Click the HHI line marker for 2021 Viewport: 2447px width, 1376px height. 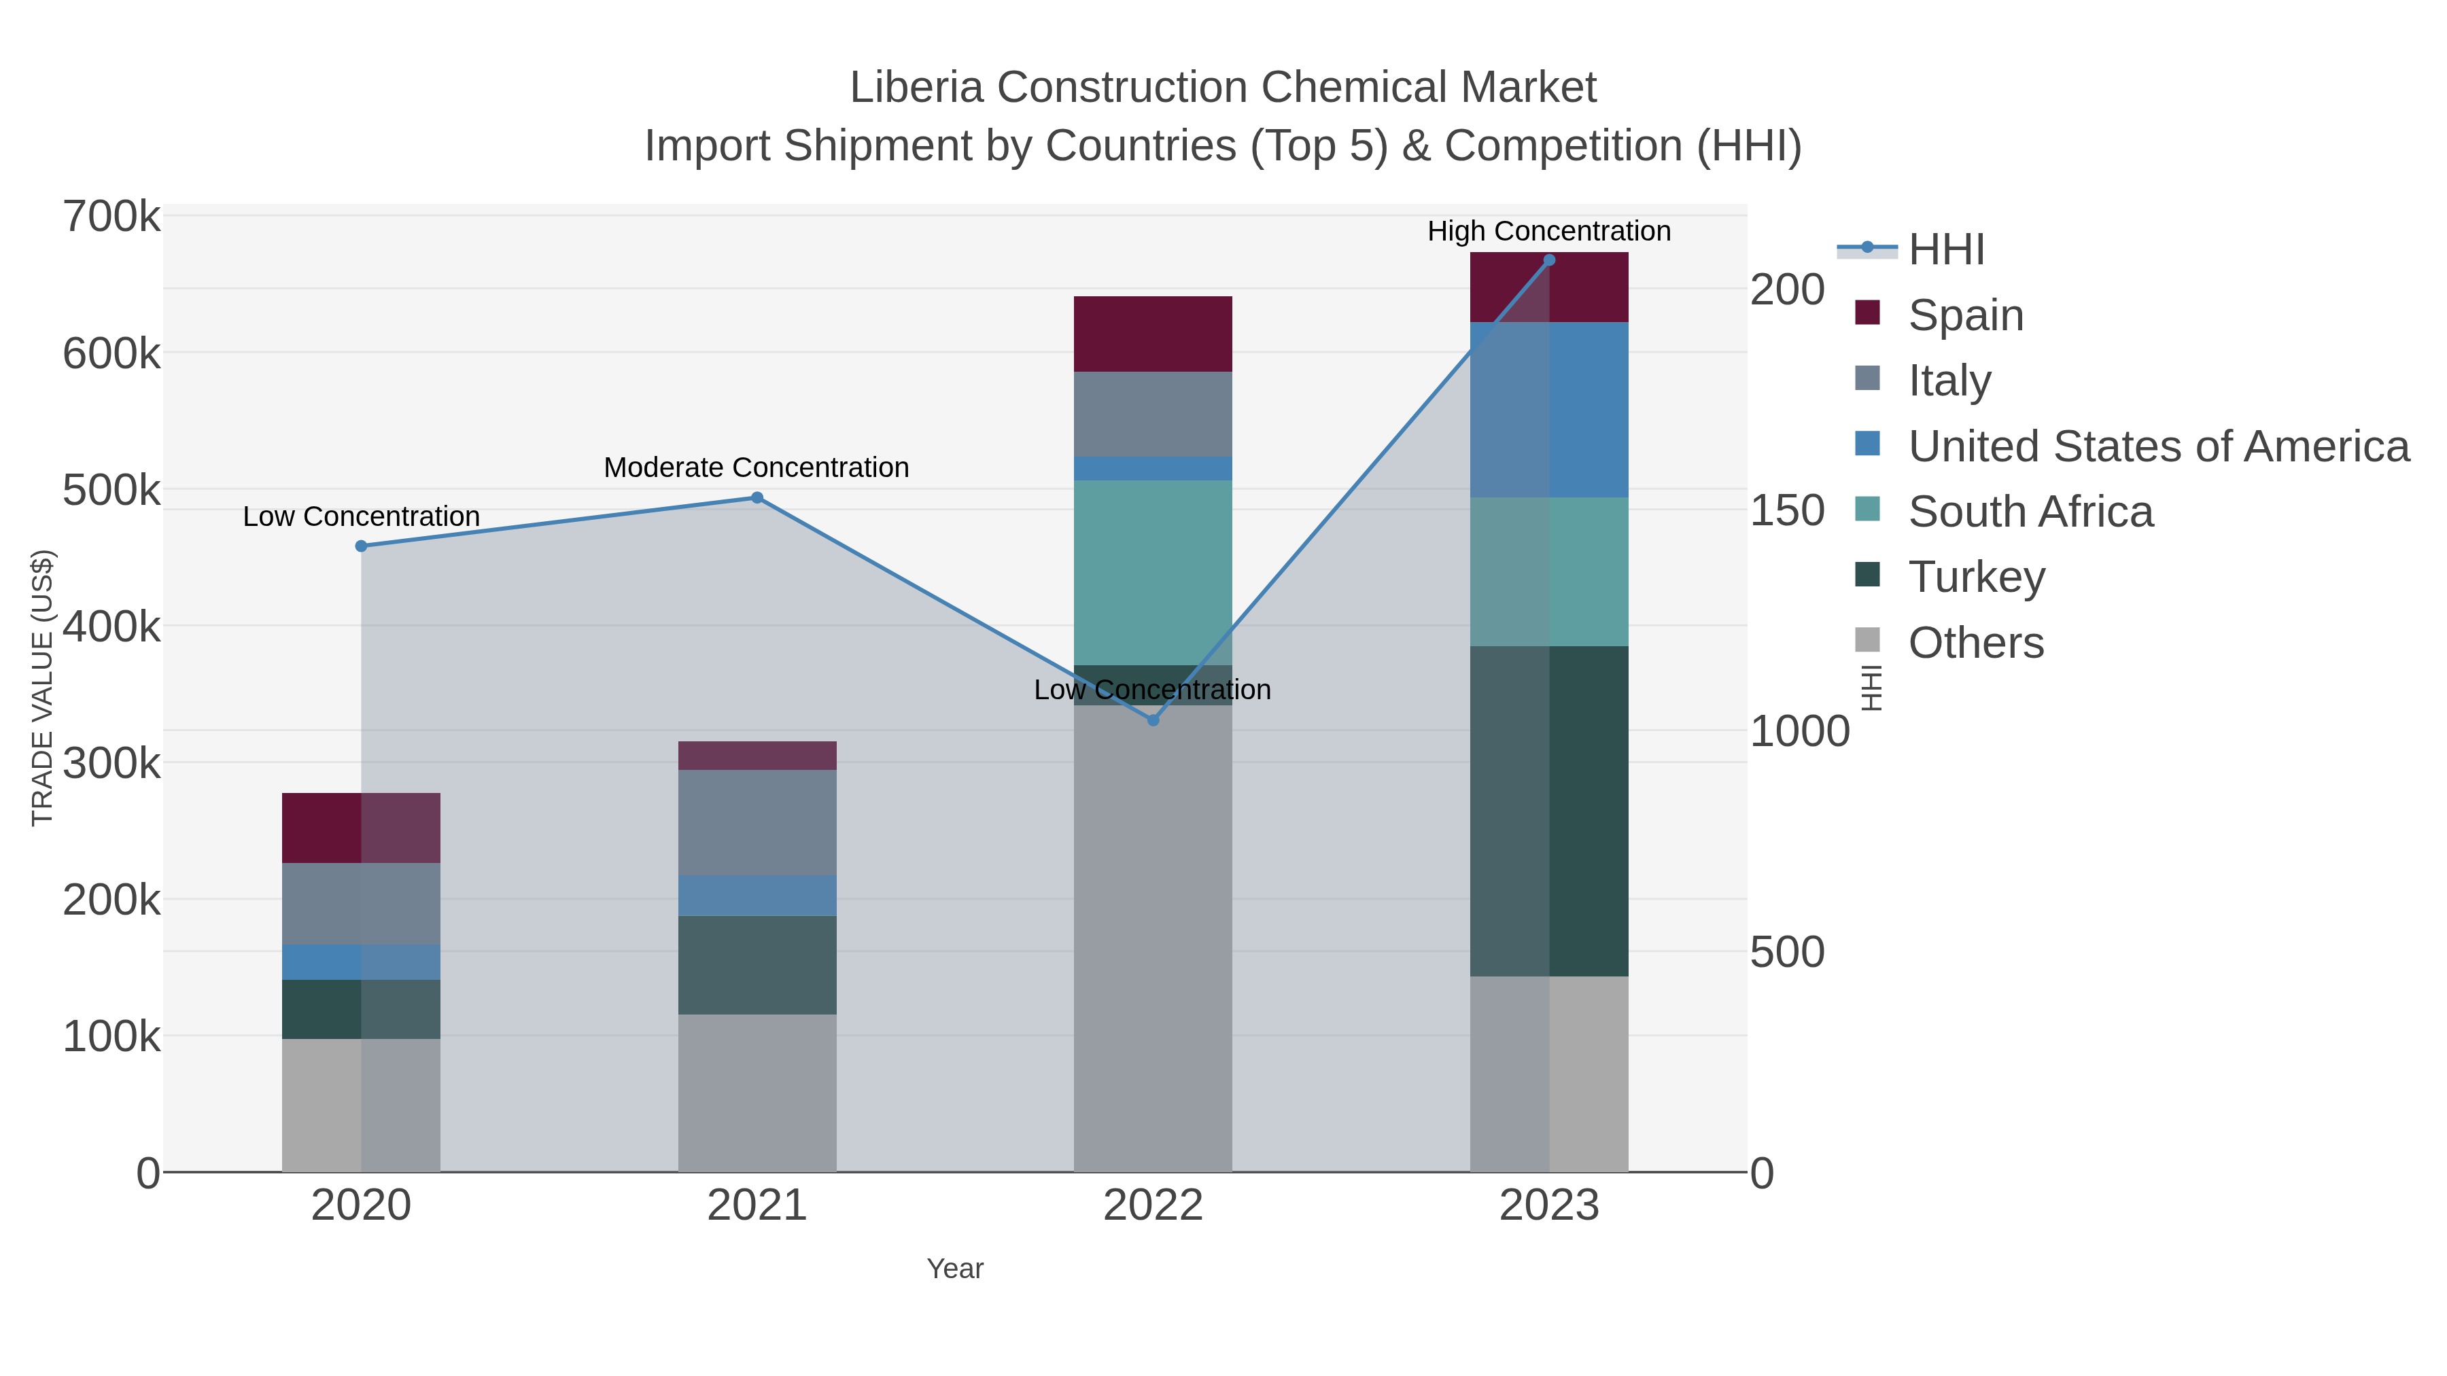[757, 497]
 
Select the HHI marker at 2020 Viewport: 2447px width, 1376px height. [361, 546]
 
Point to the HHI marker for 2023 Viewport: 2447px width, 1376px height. [1549, 260]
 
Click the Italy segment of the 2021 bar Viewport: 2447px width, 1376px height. [757, 822]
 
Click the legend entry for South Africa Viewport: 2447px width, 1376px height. [2030, 512]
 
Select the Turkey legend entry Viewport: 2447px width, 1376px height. [1976, 578]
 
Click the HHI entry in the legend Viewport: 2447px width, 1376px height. [1945, 250]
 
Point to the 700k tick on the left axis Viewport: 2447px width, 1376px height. [111, 217]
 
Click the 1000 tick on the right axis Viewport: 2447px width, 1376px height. [1799, 731]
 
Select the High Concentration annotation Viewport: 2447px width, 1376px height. [1548, 231]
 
